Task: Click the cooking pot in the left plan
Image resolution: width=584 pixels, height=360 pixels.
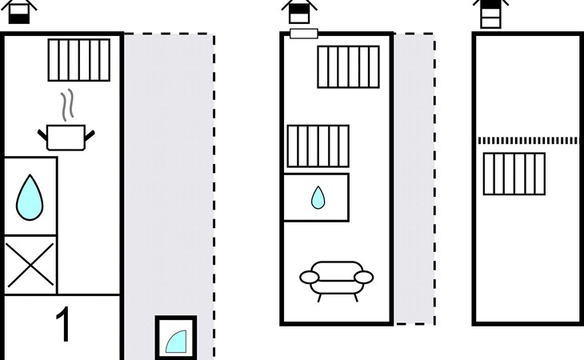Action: click(x=67, y=138)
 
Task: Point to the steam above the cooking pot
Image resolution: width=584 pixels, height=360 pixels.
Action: click(x=70, y=104)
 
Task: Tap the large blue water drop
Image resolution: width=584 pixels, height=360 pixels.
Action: click(x=30, y=197)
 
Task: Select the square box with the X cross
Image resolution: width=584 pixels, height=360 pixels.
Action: click(x=30, y=265)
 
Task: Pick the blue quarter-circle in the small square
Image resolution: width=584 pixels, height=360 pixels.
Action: click(x=176, y=342)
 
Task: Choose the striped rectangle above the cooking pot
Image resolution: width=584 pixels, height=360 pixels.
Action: click(x=78, y=59)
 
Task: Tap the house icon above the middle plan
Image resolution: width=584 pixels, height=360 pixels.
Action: click(x=299, y=11)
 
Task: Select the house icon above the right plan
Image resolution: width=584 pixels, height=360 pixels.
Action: click(x=490, y=14)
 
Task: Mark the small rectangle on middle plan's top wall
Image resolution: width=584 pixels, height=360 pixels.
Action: click(x=303, y=34)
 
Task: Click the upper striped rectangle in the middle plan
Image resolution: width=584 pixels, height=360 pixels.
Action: click(x=348, y=66)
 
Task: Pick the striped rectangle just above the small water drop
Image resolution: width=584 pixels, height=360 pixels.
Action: click(x=318, y=146)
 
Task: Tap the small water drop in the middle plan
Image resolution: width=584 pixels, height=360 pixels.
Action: click(x=318, y=197)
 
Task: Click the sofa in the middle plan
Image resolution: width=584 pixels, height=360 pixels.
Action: click(x=336, y=278)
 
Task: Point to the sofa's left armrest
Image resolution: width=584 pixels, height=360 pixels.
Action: click(x=310, y=278)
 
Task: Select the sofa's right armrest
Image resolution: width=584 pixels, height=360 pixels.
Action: click(x=363, y=278)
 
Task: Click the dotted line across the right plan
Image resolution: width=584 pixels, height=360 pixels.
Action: click(x=527, y=140)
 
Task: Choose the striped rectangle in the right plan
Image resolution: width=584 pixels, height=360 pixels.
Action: click(x=514, y=174)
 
